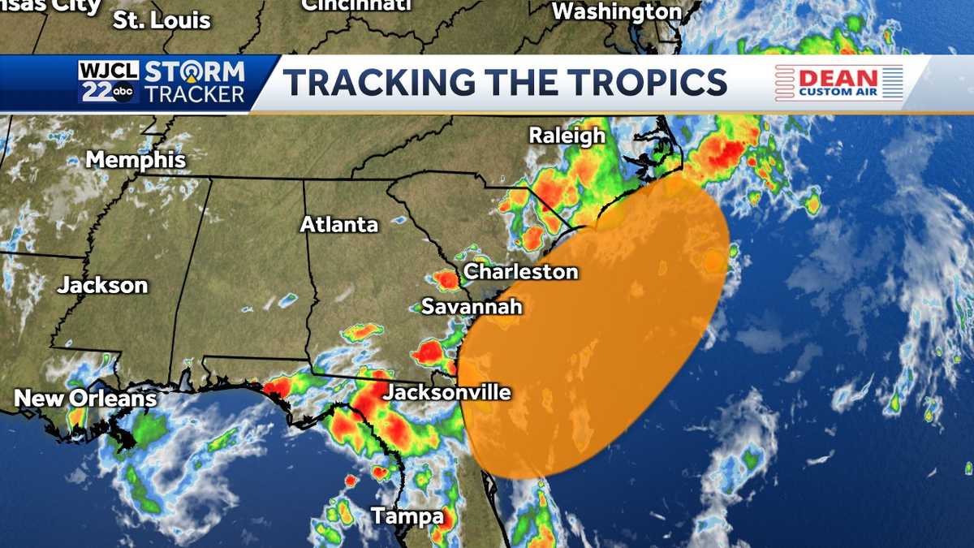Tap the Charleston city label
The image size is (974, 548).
click(520, 271)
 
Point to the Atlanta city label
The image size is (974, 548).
click(339, 225)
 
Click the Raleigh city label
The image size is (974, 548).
click(567, 136)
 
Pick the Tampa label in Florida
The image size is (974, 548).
click(407, 516)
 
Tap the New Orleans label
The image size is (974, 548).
click(85, 399)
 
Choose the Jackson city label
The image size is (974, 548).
click(102, 285)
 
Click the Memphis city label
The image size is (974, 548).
click(136, 160)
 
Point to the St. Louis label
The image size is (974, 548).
click(162, 20)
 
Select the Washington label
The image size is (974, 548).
click(617, 12)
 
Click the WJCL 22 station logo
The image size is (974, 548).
click(109, 82)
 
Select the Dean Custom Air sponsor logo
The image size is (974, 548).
click(839, 83)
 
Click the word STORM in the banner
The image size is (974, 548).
click(194, 71)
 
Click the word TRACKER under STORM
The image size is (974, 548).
click(194, 94)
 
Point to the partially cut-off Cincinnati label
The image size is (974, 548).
click(356, 6)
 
